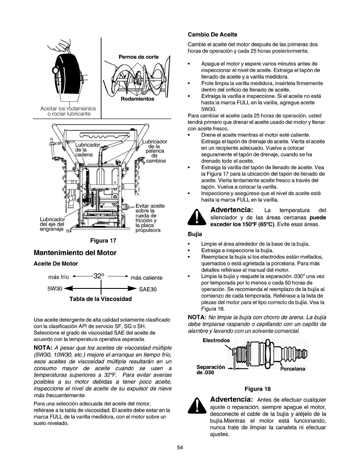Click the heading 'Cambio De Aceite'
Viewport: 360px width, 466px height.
(212, 35)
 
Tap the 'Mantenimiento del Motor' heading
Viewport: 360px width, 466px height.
(75, 253)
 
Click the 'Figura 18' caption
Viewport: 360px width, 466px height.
(257, 389)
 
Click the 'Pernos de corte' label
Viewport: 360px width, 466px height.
(139, 57)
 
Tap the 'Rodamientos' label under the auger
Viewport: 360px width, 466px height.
(137, 99)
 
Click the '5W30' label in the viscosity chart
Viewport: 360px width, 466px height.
(55, 289)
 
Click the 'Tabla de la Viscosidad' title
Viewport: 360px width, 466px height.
(100, 299)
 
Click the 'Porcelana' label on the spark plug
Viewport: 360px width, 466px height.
(292, 369)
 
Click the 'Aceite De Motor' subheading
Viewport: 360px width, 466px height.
(56, 264)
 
